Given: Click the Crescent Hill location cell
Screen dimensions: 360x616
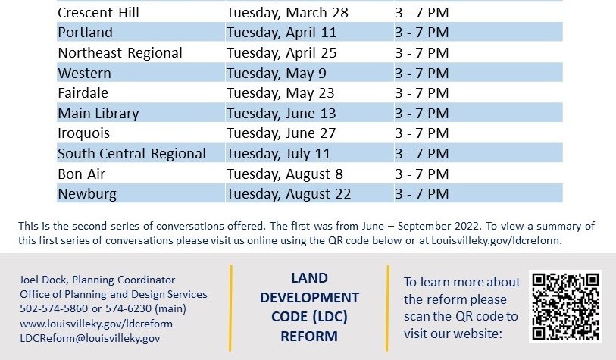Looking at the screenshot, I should (98, 13).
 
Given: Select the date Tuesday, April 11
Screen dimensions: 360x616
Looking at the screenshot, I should (281, 33).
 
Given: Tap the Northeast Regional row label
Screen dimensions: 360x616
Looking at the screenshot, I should (120, 53).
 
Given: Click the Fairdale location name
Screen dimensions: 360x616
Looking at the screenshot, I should (83, 93).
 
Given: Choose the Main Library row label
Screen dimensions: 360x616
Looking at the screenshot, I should (98, 114).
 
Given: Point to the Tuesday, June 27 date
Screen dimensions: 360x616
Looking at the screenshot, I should (281, 133).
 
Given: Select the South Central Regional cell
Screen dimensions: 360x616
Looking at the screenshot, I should (132, 154).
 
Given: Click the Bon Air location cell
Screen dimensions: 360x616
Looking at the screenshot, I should (81, 174).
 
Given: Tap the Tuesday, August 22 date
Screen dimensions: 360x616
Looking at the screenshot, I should (289, 194).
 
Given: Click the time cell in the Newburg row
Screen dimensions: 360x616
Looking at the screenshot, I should (422, 194).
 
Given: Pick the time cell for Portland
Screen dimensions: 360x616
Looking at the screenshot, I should (422, 33).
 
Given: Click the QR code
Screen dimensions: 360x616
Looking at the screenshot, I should (566, 306).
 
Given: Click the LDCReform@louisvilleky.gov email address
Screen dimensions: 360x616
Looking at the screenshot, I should (89, 338).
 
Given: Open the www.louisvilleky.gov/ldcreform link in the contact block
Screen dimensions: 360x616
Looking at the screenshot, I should (95, 324).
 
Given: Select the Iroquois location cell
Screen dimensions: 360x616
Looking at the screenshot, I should (84, 133).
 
